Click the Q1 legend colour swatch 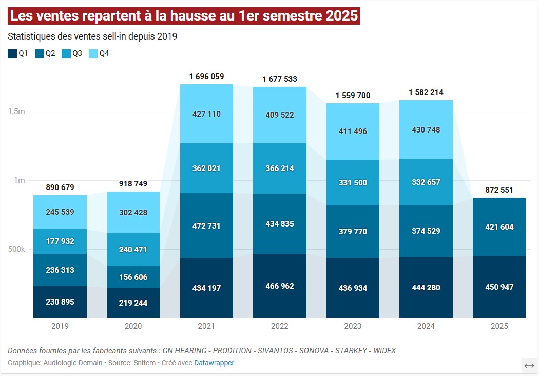coord(12,53)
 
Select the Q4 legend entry coord(99,53)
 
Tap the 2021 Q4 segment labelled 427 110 coord(206,114)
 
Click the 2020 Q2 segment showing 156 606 coord(133,277)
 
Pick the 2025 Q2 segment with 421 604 coord(499,227)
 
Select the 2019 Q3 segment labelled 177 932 coord(60,241)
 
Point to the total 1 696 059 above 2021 coord(206,77)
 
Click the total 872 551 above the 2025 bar coord(499,190)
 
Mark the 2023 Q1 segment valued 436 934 coord(353,288)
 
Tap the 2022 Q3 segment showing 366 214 coord(279,168)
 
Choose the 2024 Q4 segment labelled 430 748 coord(426,130)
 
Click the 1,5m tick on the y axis coord(16,111)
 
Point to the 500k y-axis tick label coord(16,250)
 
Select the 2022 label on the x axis coord(279,326)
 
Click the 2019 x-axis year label coord(60,326)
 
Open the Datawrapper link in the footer coord(214,363)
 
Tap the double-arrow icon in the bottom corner coord(529,366)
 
